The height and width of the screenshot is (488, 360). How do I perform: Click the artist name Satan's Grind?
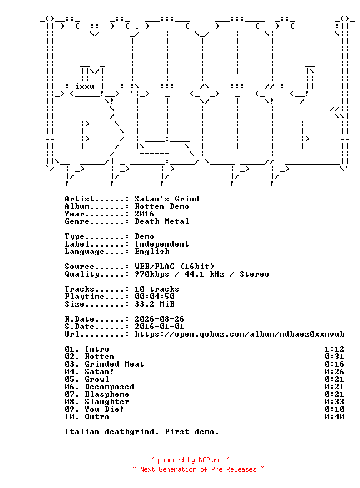167,199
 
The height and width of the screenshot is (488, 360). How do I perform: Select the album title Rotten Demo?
162,206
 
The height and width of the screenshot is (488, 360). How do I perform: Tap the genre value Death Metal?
162,221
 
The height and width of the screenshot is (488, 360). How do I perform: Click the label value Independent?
162,244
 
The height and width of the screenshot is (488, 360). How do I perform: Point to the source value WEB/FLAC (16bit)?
174,267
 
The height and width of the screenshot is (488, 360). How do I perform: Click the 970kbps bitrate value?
152,274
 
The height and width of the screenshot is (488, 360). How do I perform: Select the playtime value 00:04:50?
154,297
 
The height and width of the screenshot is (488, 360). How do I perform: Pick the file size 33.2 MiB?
154,304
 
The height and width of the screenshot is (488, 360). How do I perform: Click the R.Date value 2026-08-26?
159,319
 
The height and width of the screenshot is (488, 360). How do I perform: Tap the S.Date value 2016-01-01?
159,327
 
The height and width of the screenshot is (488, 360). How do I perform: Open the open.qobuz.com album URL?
240,334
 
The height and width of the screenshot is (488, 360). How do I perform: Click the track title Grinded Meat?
114,364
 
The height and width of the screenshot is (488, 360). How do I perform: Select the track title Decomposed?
110,387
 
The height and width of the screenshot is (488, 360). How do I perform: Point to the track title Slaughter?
107,402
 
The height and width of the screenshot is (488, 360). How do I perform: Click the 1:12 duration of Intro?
334,349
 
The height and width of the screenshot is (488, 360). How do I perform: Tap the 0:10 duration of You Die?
334,409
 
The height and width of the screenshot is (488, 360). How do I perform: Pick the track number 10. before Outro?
72,417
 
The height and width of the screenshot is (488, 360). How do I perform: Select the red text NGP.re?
210,460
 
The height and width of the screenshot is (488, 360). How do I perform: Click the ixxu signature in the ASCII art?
84,86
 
